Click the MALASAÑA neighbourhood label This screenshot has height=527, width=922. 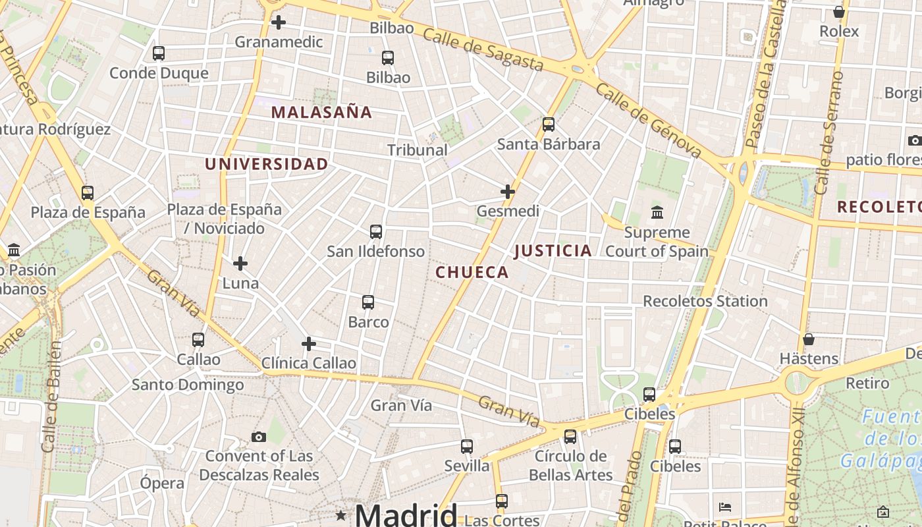pos(321,112)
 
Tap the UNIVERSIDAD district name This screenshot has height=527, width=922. pos(266,164)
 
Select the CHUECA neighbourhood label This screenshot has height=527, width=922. pos(472,272)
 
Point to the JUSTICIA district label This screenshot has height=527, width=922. pos(553,250)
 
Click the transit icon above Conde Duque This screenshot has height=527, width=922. pos(159,53)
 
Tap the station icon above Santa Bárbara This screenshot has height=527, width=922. pos(549,125)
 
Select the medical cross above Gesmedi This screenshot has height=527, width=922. pos(508,192)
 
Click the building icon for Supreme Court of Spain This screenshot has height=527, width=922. pos(657,213)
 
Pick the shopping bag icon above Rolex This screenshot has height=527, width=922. pos(839,12)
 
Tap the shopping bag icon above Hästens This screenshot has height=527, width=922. pos(809,339)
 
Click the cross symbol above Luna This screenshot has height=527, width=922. pos(240,263)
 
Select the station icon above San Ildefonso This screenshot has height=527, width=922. pos(376,232)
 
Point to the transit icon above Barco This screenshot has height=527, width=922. pos(368,302)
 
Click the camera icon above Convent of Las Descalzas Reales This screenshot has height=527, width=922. pos(259,437)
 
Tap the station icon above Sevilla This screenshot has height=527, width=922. pos(467,447)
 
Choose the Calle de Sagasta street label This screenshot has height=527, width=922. pos(483,50)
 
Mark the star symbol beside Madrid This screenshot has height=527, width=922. pos(340,515)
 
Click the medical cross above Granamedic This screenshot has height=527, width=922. pos(279,22)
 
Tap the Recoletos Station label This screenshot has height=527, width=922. pos(705,301)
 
